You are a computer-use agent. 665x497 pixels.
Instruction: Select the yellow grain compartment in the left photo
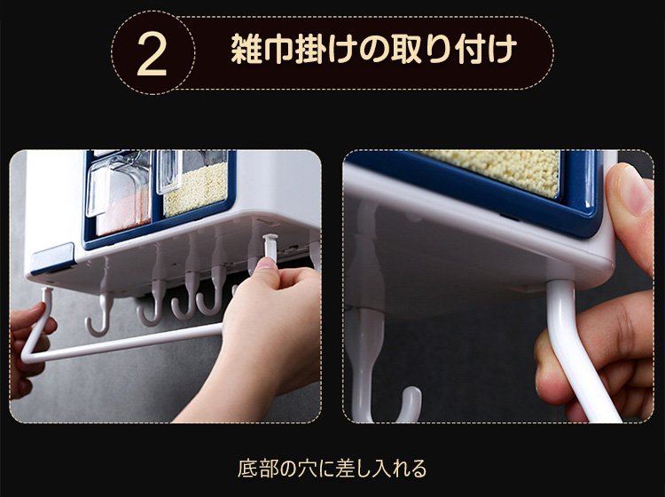(196, 189)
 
